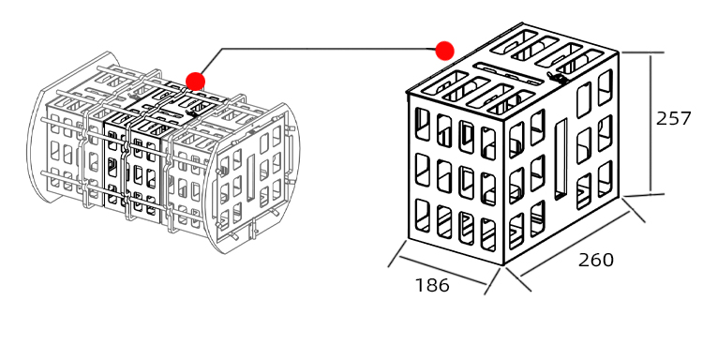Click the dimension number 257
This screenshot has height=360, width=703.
coord(673,119)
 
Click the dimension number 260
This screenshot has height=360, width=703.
coord(595,260)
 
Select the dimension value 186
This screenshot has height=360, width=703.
coord(432,285)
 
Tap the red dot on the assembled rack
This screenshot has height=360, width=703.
coord(195,81)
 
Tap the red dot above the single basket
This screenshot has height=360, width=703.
coord(444,50)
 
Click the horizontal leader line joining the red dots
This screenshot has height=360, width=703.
coord(328,49)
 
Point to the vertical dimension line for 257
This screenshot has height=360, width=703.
coord(650,122)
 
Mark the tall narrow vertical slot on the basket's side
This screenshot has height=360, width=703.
coord(561,159)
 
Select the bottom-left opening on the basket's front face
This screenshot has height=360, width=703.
coord(422,217)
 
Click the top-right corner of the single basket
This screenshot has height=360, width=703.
coord(620,52)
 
